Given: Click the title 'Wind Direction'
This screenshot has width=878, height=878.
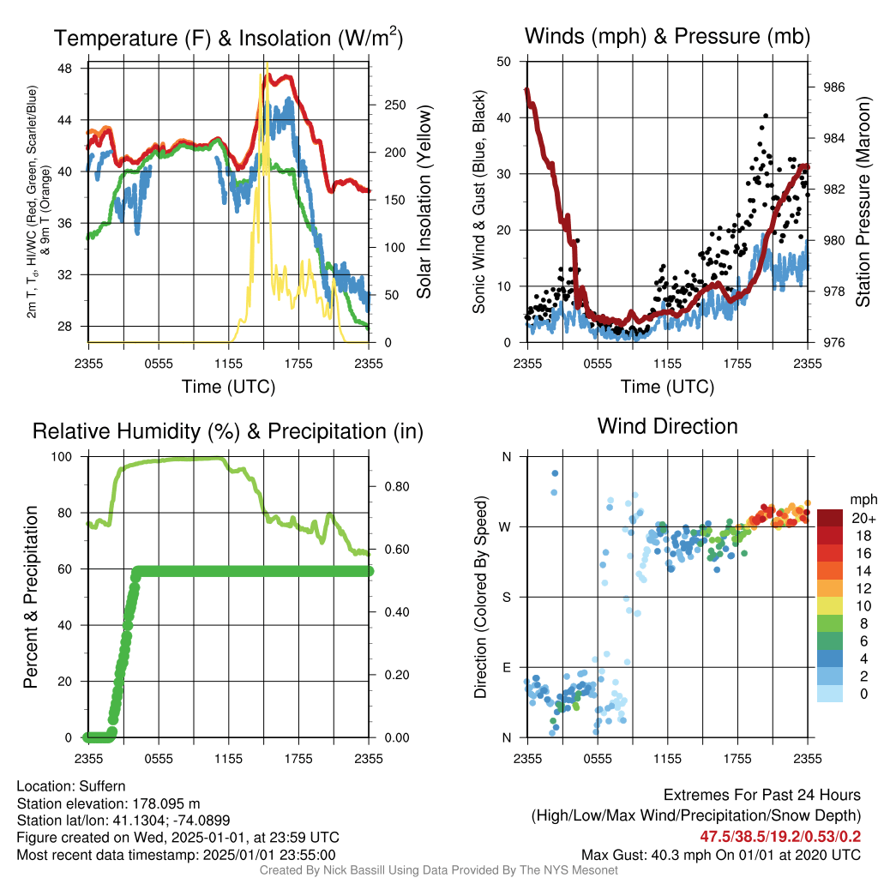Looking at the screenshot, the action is (667, 426).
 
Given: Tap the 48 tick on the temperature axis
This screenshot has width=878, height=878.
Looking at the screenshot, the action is (65, 69).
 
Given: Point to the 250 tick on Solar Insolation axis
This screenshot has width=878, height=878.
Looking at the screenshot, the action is (394, 105).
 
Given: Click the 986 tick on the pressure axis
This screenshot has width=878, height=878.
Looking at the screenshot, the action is (833, 87).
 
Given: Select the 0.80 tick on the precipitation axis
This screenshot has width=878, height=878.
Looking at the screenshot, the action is (397, 487).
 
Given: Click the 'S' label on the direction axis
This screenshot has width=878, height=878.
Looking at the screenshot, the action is (506, 597).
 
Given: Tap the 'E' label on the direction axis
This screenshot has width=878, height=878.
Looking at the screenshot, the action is (506, 667).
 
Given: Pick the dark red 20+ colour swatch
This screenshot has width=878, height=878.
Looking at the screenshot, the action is (830, 518).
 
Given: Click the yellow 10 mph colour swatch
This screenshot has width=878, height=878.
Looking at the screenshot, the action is (830, 606).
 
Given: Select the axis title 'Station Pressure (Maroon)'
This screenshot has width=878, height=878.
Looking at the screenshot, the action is (863, 201).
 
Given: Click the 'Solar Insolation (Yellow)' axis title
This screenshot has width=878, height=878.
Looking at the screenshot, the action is (424, 201).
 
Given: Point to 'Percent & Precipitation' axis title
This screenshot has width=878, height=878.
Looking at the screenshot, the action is (30, 597).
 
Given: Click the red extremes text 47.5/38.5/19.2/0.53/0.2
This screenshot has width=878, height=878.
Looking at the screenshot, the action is (780, 837).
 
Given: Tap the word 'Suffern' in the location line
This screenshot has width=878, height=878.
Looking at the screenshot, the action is (102, 786).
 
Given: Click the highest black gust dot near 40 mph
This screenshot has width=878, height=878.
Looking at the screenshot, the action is (766, 116).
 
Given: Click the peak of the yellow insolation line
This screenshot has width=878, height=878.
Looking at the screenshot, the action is (268, 63).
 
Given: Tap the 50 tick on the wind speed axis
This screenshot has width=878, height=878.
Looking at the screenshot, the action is (504, 62).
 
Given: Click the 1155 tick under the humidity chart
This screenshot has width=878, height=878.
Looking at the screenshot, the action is (228, 759).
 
